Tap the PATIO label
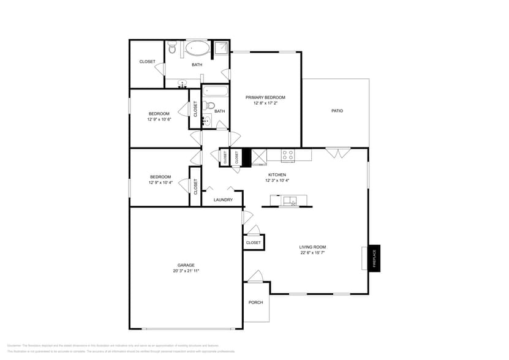pyautogui.click(x=337, y=111)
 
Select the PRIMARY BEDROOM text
pyautogui.click(x=265, y=97)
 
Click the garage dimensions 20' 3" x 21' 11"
pyautogui.click(x=186, y=271)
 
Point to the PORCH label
pyautogui.click(x=255, y=302)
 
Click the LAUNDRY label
pyautogui.click(x=223, y=200)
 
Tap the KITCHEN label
pyautogui.click(x=277, y=174)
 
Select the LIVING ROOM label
pyautogui.click(x=312, y=247)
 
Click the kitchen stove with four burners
pyautogui.click(x=288, y=155)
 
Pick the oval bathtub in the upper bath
pyautogui.click(x=197, y=48)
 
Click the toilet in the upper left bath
pyautogui.click(x=173, y=47)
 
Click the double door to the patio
pyautogui.click(x=338, y=152)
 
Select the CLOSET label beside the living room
pyautogui.click(x=253, y=242)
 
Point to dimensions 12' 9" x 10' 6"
pyautogui.click(x=159, y=119)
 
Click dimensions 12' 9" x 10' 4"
pyautogui.click(x=160, y=182)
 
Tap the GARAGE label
pyautogui.click(x=186, y=265)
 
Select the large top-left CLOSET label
pyautogui.click(x=147, y=61)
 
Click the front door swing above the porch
pyautogui.click(x=256, y=276)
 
